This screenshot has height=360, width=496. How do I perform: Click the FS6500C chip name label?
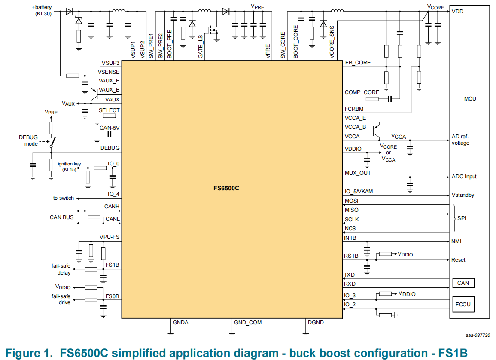(227, 188)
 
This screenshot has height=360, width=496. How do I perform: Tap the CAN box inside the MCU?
(463, 283)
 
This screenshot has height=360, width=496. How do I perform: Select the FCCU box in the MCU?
(463, 305)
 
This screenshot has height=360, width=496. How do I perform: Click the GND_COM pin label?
(248, 323)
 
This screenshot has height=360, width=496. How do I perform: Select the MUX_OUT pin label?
(358, 173)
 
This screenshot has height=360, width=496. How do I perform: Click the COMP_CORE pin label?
(362, 92)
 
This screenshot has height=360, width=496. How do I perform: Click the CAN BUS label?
(62, 217)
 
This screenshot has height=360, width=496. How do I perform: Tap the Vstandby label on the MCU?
(463, 195)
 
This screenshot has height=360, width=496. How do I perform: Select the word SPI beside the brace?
(462, 218)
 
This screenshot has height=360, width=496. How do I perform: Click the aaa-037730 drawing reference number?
(478, 336)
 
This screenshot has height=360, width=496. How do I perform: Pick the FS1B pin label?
(112, 265)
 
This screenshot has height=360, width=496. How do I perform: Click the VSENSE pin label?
(109, 72)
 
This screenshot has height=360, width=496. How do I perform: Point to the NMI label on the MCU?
(456, 241)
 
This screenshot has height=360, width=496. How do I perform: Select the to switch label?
(64, 198)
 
